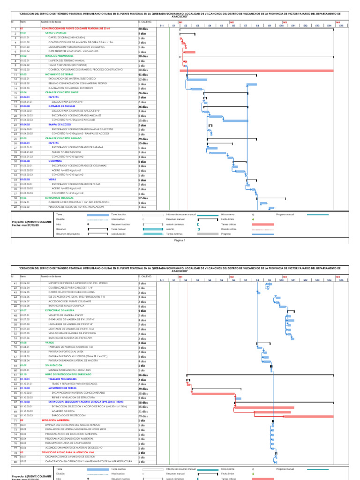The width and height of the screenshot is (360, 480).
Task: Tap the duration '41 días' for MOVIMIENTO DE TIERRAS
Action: coord(142,75)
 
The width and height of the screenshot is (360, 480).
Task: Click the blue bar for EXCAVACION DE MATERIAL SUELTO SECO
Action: coord(197,79)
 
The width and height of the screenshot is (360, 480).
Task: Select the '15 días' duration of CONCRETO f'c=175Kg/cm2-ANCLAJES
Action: coord(142,120)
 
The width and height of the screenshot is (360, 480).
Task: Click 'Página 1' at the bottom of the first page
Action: coord(180,240)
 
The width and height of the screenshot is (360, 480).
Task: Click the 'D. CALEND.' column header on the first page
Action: coord(144,22)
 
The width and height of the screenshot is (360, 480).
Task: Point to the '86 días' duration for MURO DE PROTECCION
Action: coord(142,375)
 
